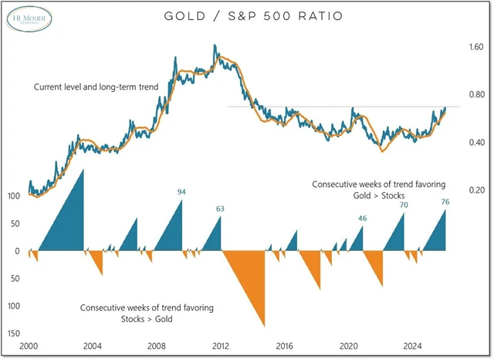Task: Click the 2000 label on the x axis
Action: click(29, 346)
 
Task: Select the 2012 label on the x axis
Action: click(220, 346)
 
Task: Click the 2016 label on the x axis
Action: click(284, 346)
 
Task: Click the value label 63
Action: click(221, 209)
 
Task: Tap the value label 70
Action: click(404, 205)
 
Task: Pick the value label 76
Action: click(445, 202)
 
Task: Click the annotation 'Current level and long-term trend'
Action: click(96, 88)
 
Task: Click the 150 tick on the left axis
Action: click(14, 333)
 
